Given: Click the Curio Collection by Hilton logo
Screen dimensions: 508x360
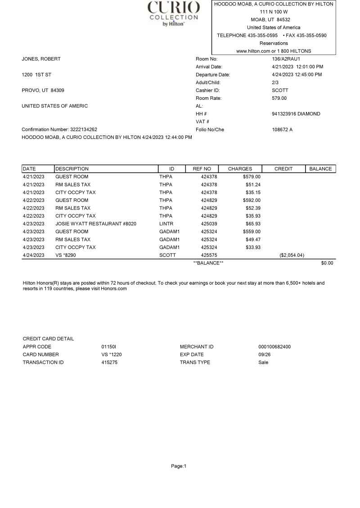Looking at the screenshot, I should pos(174,13).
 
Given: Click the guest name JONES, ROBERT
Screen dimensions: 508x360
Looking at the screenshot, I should pos(41,59).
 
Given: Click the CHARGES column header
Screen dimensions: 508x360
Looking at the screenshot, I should pos(240,169).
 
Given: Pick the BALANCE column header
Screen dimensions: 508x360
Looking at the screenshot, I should pos(320,169).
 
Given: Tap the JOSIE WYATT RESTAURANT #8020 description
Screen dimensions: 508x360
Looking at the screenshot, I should pos(96,223).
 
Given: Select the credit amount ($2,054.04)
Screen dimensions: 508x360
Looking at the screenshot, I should pos(292,255).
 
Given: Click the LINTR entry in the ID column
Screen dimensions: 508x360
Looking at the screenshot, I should pos(166,223).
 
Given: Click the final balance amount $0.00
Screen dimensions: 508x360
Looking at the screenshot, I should pos(327,263).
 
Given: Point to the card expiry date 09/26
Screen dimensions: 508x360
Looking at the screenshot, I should pos(258,354).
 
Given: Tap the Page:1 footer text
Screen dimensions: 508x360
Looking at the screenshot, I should pos(179,466).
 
